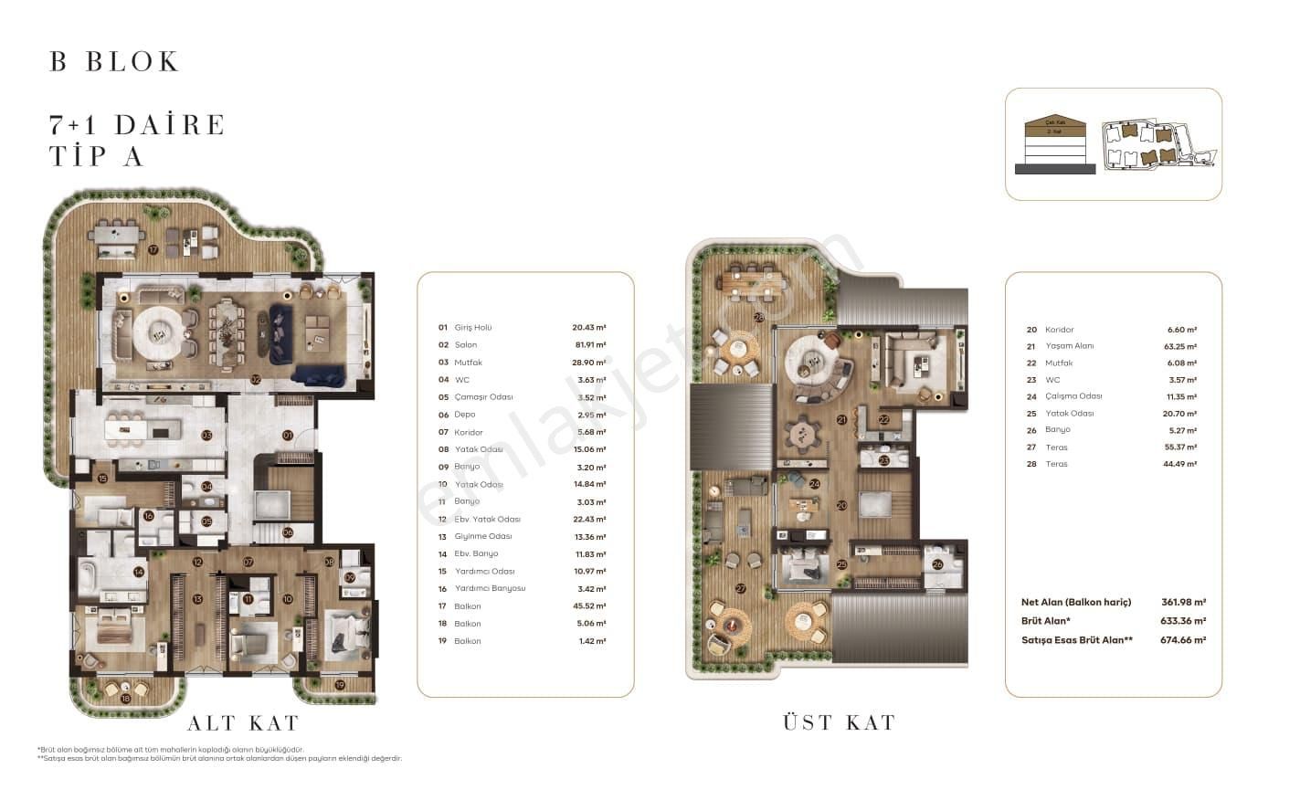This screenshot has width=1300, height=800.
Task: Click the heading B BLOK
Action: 115,62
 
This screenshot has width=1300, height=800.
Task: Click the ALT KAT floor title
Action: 243,723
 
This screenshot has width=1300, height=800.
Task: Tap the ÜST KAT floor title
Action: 839,722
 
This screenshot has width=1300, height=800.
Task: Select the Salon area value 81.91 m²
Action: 589,345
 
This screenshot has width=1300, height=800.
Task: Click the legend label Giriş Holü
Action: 472,328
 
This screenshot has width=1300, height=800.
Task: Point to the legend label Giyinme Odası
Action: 482,536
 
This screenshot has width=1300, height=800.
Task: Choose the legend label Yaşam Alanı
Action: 1069,346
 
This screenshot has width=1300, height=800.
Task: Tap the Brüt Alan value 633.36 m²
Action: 1186,621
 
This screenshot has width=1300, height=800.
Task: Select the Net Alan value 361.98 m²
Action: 1186,603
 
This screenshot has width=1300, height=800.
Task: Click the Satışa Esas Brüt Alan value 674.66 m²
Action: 1186,640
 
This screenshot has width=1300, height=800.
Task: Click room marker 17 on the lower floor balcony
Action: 153,249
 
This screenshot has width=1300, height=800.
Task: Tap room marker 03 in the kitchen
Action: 207,436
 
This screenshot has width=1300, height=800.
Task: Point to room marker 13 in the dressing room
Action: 197,599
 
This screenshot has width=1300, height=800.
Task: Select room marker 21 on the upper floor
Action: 840,419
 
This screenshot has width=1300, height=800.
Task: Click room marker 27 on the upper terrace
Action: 740,588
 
